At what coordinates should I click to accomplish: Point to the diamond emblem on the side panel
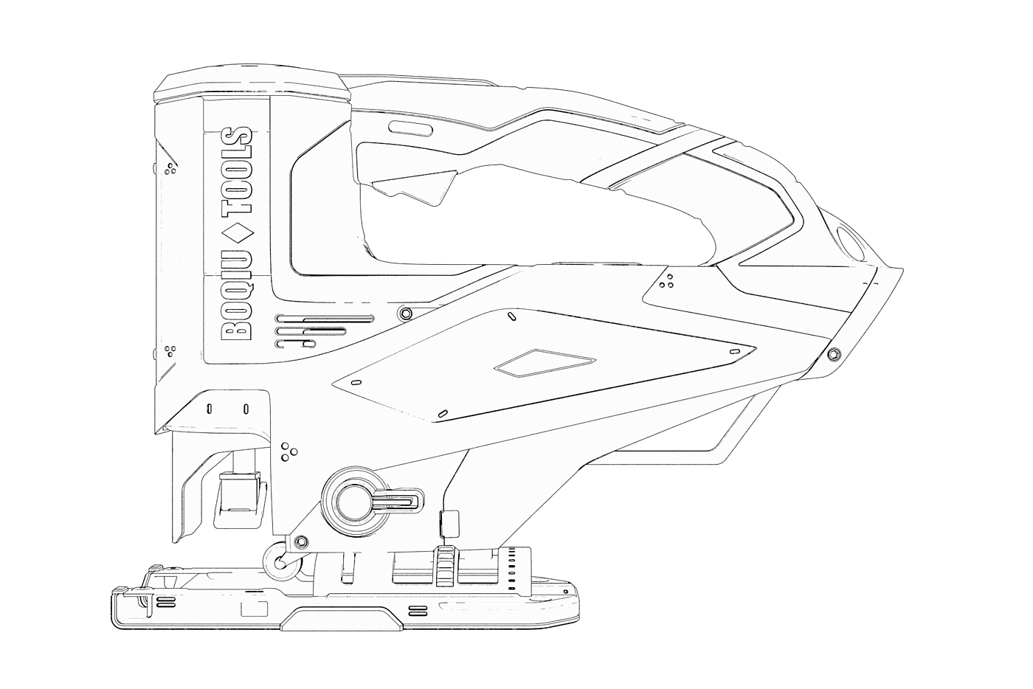click(x=545, y=363)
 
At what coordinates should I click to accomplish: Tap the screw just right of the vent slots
click(x=404, y=314)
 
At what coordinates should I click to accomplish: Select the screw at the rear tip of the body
click(x=834, y=354)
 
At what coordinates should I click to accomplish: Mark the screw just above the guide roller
click(x=300, y=543)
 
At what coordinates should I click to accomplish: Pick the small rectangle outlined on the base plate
click(x=255, y=609)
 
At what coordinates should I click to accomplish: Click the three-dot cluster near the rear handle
click(x=666, y=283)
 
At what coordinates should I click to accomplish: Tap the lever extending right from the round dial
click(x=398, y=502)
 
